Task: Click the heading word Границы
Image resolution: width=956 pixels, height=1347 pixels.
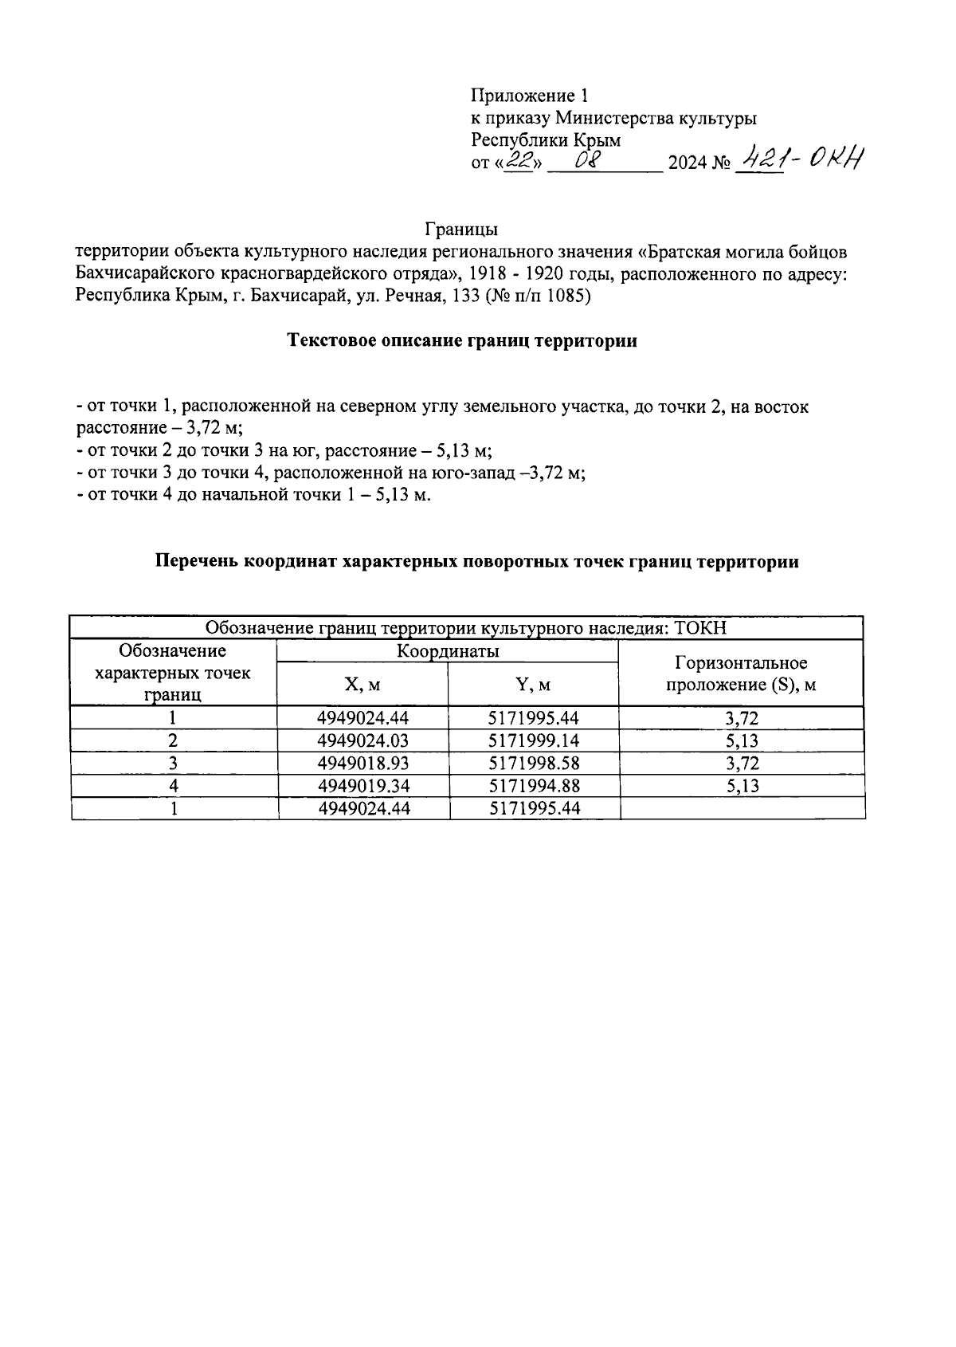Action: (461, 230)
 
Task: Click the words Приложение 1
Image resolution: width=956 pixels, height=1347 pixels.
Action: (529, 96)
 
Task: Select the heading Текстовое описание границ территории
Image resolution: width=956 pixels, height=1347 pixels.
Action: (461, 341)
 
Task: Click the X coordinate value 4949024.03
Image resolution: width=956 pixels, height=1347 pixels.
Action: (362, 741)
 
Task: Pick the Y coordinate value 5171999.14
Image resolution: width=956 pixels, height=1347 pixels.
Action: (534, 741)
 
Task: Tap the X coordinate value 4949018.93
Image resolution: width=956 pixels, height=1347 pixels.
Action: (362, 764)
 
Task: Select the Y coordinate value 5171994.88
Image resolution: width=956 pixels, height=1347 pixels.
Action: (534, 786)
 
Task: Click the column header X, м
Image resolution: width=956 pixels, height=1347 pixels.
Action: (362, 685)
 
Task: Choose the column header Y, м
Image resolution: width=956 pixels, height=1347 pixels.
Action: (533, 685)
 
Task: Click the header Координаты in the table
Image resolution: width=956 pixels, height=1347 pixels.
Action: (448, 651)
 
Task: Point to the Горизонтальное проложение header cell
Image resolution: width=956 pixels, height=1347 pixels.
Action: (741, 673)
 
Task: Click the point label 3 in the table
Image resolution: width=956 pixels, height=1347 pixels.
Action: (173, 764)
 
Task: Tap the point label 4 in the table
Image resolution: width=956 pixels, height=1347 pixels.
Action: (173, 786)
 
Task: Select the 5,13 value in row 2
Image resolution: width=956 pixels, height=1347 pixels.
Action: (742, 741)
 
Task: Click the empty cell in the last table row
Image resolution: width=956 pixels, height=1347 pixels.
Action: (742, 808)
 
